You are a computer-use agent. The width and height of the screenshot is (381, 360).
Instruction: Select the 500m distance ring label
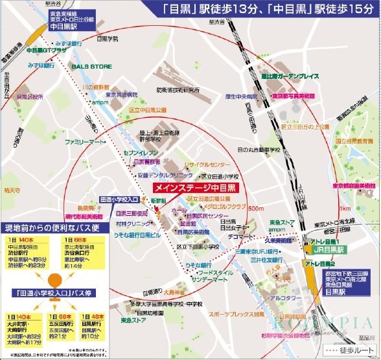click(256, 208)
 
